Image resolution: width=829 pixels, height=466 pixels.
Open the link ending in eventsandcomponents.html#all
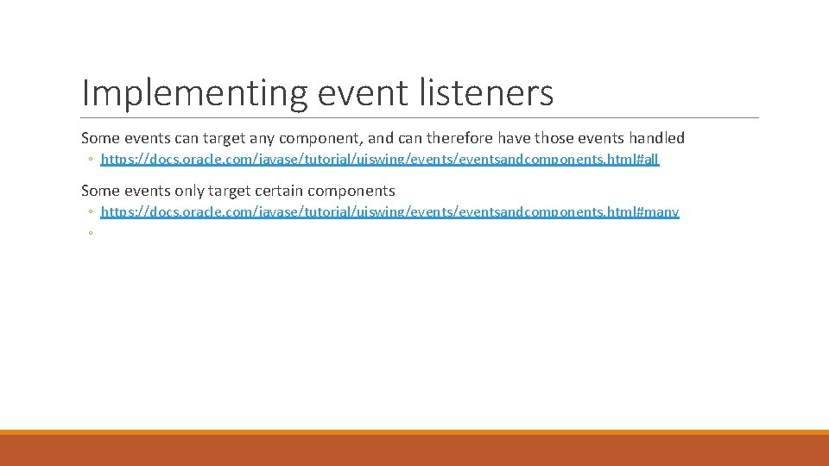pyautogui.click(x=380, y=160)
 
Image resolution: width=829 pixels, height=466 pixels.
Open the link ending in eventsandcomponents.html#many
pyautogui.click(x=389, y=211)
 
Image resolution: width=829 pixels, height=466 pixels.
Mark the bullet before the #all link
pyautogui.click(x=90, y=161)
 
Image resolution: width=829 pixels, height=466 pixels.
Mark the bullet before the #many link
pyautogui.click(x=90, y=212)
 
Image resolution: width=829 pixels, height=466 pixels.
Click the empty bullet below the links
pyautogui.click(x=90, y=233)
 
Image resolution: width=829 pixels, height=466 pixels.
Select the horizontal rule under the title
pyautogui.click(x=420, y=117)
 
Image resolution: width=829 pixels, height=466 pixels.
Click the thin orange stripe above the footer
pyautogui.click(x=414, y=432)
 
